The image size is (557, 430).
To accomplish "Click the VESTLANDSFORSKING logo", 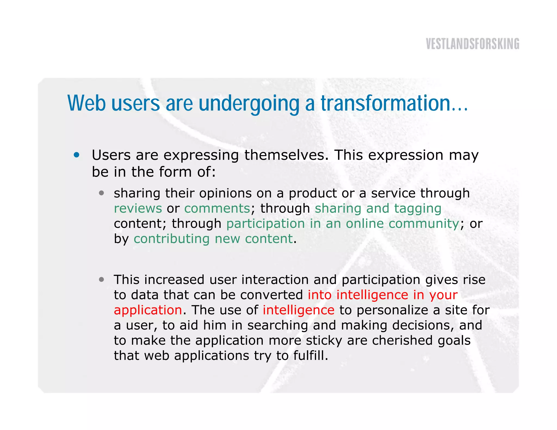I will click(x=472, y=44).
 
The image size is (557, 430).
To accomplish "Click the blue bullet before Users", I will click(x=77, y=155).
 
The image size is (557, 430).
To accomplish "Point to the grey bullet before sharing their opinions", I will click(x=101, y=193).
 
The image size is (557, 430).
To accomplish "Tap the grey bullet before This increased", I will click(x=101, y=280).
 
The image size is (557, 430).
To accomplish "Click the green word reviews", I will click(x=138, y=209).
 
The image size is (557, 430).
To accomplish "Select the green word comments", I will click(x=217, y=209).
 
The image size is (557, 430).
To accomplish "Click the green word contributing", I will click(x=171, y=239).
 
